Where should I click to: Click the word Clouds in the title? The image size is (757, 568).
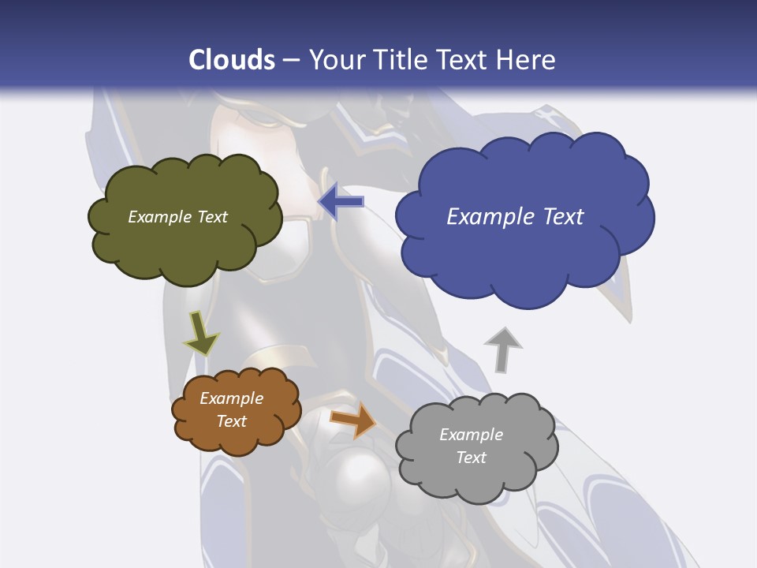click(232, 60)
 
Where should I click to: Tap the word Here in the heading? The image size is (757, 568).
click(528, 60)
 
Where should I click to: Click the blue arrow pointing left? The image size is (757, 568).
click(341, 202)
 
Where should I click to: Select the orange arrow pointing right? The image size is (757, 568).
click(353, 420)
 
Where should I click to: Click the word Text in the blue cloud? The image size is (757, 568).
click(563, 217)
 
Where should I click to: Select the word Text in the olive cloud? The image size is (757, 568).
click(212, 217)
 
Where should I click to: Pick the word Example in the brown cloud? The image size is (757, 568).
click(232, 398)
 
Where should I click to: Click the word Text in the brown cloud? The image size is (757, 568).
click(232, 421)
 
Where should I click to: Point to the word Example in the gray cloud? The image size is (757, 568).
click(471, 435)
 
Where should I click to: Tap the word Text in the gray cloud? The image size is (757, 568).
click(471, 458)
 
